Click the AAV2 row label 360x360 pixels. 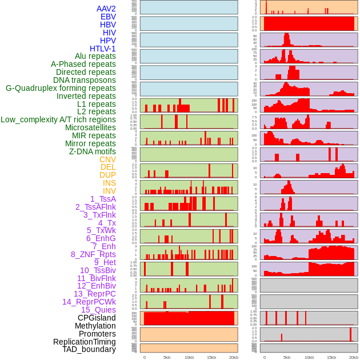pyautogui.click(x=106, y=9)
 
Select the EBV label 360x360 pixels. pyautogui.click(x=108, y=17)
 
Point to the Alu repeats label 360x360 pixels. pyautogui.click(x=95, y=56)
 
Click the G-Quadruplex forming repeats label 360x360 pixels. pyautogui.click(x=61, y=88)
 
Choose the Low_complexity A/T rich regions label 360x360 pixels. pyautogui.click(x=58, y=119)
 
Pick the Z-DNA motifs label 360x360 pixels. pyautogui.click(x=92, y=151)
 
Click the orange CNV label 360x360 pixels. pyautogui.click(x=107, y=159)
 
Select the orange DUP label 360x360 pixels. pyautogui.click(x=107, y=175)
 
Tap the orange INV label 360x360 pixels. pyautogui.click(x=109, y=191)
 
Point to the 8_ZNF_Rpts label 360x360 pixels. pyautogui.click(x=93, y=254)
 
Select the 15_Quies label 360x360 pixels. pyautogui.click(x=98, y=310)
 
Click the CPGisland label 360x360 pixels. pyautogui.click(x=97, y=318)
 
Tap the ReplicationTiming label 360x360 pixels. pyautogui.click(x=84, y=342)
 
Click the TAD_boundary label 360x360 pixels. pyautogui.click(x=89, y=349)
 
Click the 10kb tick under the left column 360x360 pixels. pyautogui.click(x=189, y=357)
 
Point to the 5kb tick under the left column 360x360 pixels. pyautogui.click(x=166, y=357)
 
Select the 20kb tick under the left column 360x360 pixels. pyautogui.click(x=233, y=357)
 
